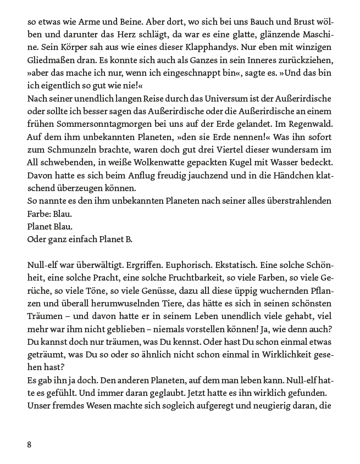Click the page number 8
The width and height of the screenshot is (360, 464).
click(x=29, y=444)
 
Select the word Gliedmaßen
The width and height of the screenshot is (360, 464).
click(x=49, y=59)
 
